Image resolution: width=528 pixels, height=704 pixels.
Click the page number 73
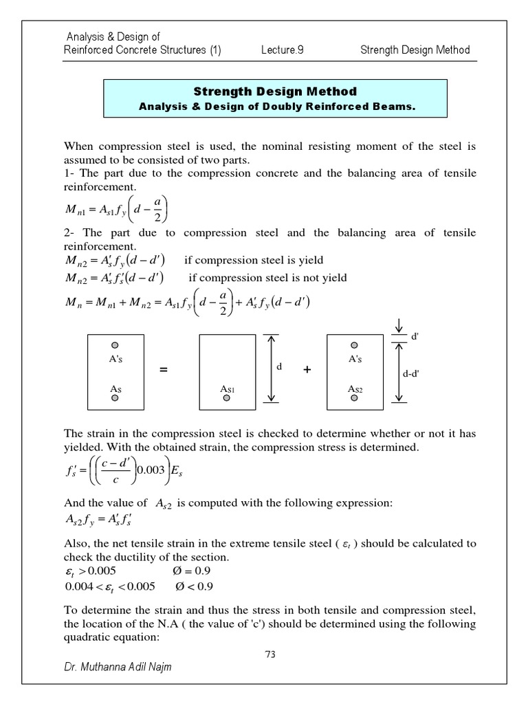[269, 654]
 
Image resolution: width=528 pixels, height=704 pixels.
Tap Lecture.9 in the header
[283, 49]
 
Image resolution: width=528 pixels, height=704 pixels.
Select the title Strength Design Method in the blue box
[274, 91]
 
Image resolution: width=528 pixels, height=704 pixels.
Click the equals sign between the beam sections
[164, 371]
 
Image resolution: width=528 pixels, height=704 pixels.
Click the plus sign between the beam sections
[307, 370]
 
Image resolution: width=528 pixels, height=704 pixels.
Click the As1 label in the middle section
[228, 389]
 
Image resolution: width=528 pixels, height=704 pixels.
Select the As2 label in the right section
[355, 389]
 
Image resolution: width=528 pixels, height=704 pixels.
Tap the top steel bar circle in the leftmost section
[115, 345]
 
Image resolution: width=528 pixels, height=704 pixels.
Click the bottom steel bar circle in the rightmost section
[355, 398]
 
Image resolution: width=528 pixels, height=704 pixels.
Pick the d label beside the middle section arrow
[279, 367]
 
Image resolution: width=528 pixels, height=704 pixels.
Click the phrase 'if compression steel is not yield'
[267, 278]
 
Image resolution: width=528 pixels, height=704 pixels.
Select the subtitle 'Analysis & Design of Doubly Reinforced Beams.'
[274, 106]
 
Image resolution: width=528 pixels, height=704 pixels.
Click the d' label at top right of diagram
[415, 338]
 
